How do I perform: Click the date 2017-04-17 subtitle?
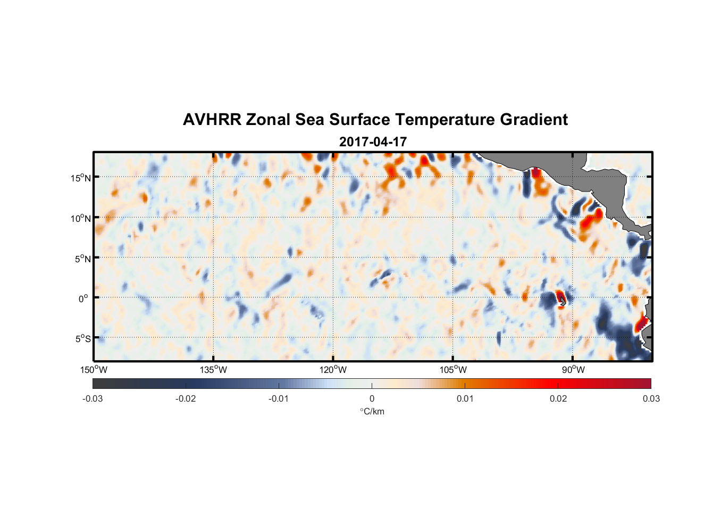tap(373, 142)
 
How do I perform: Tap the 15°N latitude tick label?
tap(81, 178)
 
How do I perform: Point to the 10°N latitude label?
tap(81, 218)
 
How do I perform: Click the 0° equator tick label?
tap(83, 298)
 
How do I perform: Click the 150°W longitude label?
tap(94, 370)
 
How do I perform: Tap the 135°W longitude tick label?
tap(213, 370)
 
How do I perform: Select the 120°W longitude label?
tap(333, 370)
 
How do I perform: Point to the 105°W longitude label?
tap(453, 370)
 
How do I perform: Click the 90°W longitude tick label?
tap(573, 370)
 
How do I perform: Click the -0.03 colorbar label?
tap(93, 398)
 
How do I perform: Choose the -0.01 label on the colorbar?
tap(278, 398)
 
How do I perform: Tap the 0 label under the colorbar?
tap(372, 398)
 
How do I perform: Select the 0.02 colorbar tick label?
tap(558, 398)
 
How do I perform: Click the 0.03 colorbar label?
tap(651, 398)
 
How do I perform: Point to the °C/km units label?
tap(372, 411)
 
